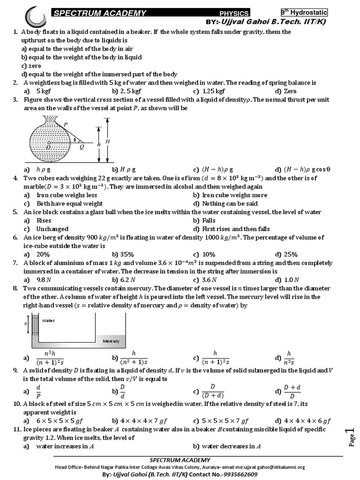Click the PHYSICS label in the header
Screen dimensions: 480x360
(x=234, y=14)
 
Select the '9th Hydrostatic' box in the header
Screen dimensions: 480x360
(x=304, y=13)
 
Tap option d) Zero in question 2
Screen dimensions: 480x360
(x=285, y=91)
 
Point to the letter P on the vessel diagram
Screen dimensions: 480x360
(x=66, y=124)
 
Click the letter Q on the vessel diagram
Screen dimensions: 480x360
(x=82, y=146)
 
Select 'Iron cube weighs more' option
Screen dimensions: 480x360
(x=229, y=195)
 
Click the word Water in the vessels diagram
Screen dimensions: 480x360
(x=48, y=321)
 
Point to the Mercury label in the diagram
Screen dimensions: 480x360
(x=111, y=341)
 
